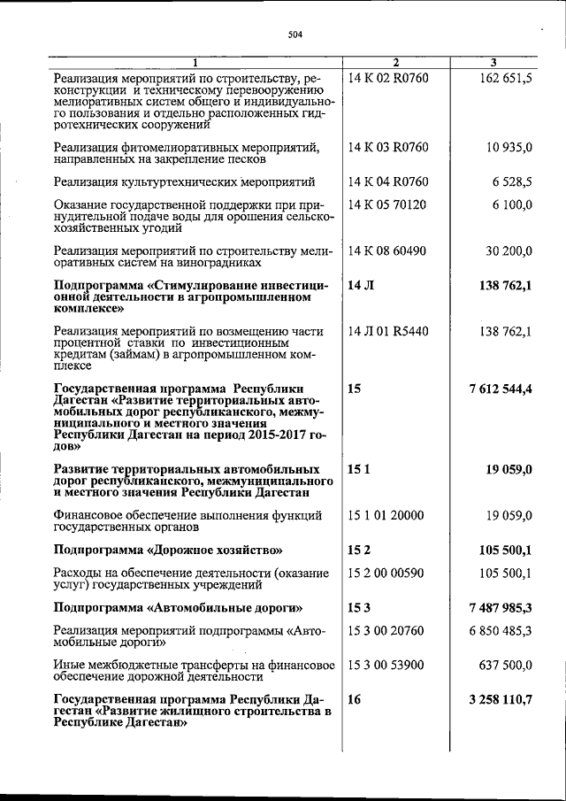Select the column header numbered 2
coord(395,62)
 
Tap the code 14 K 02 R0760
coord(388,80)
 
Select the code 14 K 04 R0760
coord(388,182)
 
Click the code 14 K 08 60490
coord(388,250)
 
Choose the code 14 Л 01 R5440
coord(389,331)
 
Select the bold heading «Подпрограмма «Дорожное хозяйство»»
coord(168,550)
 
